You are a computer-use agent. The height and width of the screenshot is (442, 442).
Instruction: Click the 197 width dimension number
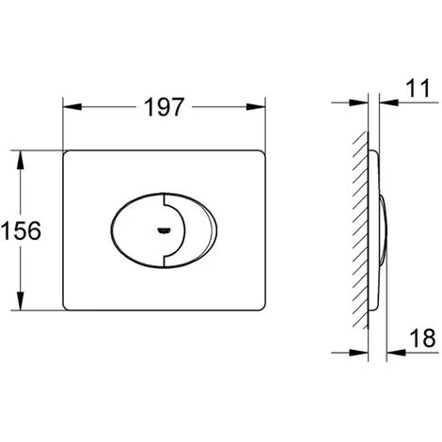(165, 107)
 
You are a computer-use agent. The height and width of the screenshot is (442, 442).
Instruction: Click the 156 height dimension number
(21, 230)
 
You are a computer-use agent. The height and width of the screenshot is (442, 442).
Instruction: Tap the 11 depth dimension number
(418, 88)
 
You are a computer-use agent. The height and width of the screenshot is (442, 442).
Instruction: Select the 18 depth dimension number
(423, 338)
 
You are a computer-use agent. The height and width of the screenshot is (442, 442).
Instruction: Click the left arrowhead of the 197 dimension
(72, 106)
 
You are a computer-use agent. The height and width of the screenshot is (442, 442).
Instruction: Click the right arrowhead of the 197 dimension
(256, 106)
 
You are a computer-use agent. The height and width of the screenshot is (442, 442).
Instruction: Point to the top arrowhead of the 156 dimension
(21, 160)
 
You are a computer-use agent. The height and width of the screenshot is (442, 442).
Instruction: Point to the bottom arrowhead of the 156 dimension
(21, 301)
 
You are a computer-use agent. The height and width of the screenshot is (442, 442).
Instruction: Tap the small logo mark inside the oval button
(164, 230)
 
